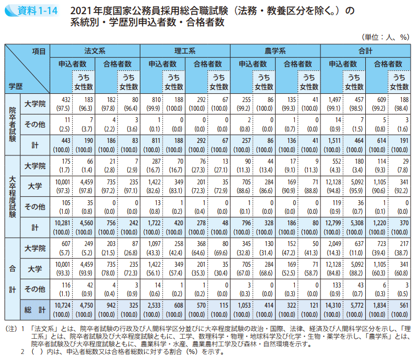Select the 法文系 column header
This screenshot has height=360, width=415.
[95, 51]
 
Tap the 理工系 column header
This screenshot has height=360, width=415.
[185, 51]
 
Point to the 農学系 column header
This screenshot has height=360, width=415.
[275, 51]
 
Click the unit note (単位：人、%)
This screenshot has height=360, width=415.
[386, 37]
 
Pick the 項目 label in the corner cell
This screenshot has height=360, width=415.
[38, 51]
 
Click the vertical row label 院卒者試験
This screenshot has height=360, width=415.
[13, 124]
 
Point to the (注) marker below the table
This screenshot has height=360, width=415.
[10, 329]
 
